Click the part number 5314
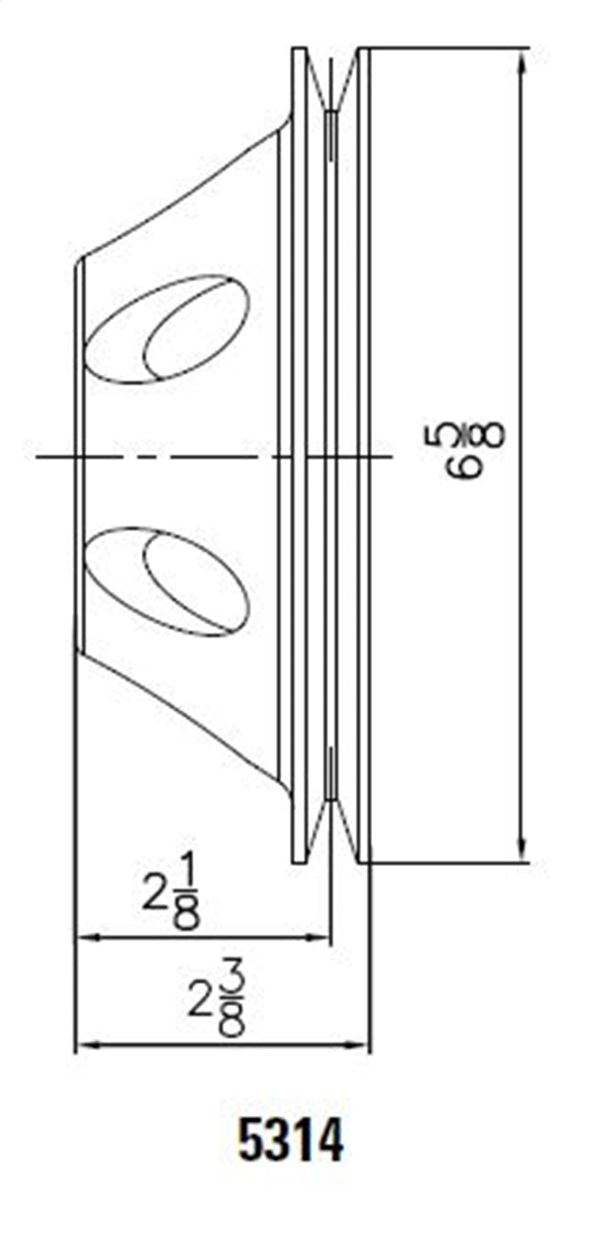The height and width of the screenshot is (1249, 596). click(x=291, y=1142)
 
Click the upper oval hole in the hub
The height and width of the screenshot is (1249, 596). click(x=170, y=329)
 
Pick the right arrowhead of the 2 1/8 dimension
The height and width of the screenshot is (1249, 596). click(x=320, y=937)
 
